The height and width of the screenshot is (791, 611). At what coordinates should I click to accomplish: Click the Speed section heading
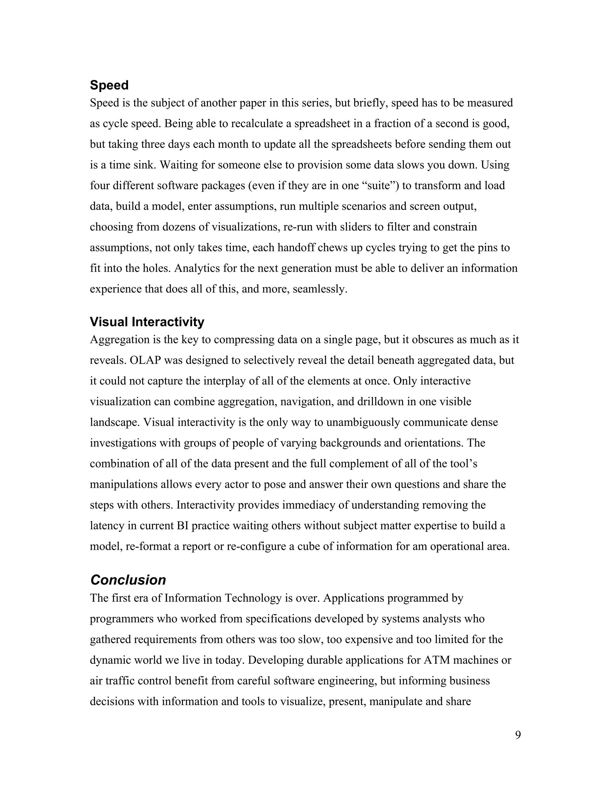point(109,85)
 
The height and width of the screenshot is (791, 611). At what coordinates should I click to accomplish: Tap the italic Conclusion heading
point(128,580)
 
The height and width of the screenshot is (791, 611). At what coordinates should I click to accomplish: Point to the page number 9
point(518,735)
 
